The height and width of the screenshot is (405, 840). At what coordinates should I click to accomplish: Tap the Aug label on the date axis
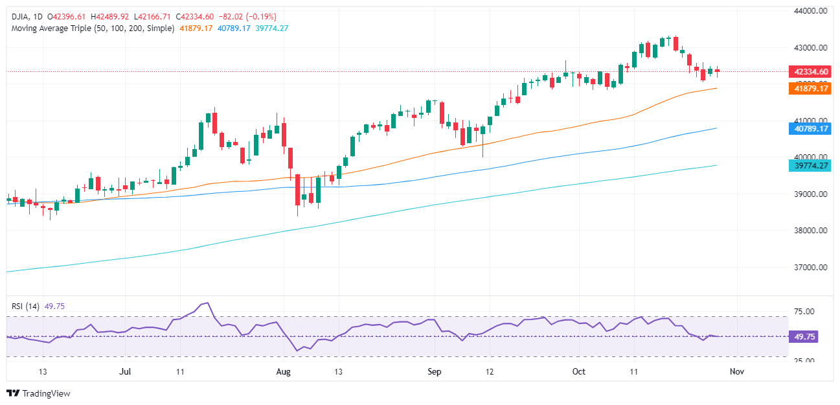click(x=283, y=372)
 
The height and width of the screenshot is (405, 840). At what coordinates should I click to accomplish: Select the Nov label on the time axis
click(x=736, y=372)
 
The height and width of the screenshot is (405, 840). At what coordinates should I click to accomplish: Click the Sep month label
click(x=435, y=372)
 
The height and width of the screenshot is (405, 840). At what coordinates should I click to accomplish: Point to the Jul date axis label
click(x=126, y=372)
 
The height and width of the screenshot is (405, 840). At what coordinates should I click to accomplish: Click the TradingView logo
click(x=38, y=393)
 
